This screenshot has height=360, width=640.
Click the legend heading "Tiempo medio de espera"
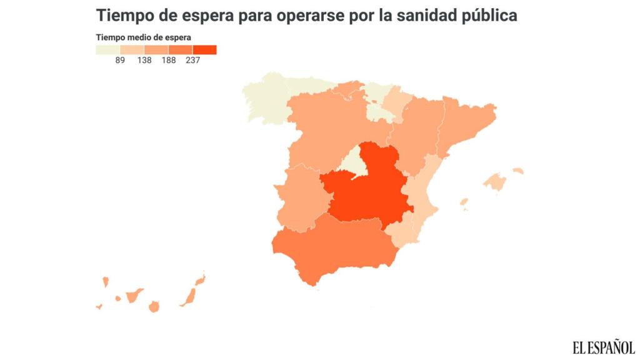click(x=143, y=37)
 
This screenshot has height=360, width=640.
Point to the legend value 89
click(x=120, y=61)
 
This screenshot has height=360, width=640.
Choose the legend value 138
click(x=144, y=61)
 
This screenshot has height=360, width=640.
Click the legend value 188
click(x=169, y=61)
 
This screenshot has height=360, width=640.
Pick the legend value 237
click(x=192, y=61)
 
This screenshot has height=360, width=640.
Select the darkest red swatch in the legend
click(x=204, y=50)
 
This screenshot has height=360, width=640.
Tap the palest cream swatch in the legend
click(x=107, y=50)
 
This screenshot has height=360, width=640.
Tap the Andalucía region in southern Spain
click(x=331, y=250)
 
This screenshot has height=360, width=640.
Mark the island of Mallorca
click(x=495, y=182)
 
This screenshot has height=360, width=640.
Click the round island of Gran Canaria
click(x=154, y=306)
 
